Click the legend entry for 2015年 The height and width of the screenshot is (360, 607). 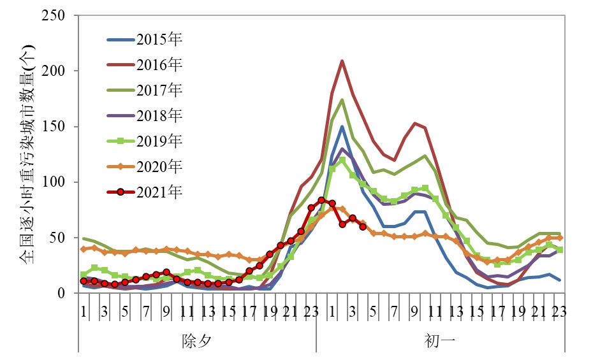pos(159,40)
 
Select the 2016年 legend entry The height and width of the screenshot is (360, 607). pos(159,65)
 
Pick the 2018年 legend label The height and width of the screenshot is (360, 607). pos(159,116)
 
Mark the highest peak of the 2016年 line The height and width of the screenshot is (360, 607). pos(342,61)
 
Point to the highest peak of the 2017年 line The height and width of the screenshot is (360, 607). pos(342,100)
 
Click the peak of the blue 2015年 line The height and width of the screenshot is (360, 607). pos(342,127)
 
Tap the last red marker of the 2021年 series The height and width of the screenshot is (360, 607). pos(363,227)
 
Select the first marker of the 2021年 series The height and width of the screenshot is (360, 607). pos(84,281)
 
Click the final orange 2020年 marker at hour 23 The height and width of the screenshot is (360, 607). pos(560,238)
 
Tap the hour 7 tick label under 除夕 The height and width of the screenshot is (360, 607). pos(145,312)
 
